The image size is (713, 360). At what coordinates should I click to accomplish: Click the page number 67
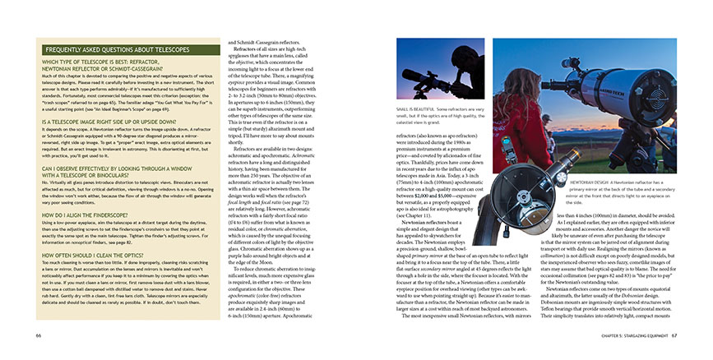(674, 336)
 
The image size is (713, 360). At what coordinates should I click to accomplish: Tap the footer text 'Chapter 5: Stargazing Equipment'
(626, 336)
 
